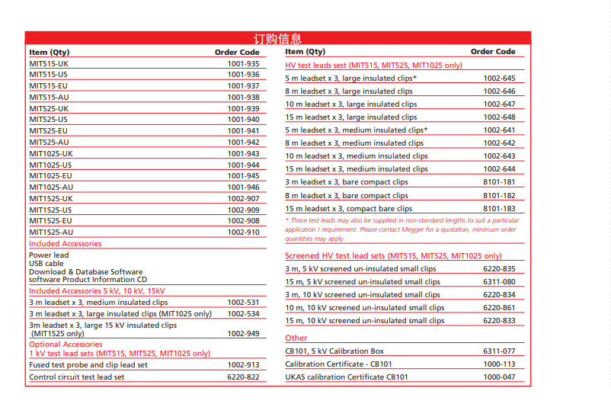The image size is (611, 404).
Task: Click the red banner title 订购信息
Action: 277,38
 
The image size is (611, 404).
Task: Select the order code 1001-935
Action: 243,64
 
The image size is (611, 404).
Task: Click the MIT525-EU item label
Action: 49,131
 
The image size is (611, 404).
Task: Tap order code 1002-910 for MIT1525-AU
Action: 243,232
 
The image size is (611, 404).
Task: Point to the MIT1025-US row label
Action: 52,165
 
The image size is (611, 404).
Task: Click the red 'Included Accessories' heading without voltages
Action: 65,244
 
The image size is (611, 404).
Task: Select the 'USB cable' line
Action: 46,264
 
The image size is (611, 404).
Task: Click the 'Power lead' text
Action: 49,255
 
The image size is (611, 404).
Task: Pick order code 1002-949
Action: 243,333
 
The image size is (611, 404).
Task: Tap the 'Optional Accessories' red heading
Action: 66,345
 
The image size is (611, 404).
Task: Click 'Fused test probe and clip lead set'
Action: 88,365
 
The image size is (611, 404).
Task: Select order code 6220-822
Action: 243,377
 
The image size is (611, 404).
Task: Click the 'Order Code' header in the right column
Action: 493,52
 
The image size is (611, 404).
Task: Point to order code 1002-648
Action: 499,117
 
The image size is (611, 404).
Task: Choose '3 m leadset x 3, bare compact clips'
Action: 347,182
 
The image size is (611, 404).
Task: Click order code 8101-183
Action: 499,208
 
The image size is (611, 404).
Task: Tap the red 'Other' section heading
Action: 296,338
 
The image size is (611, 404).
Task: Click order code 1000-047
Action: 499,377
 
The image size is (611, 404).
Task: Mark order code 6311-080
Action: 499,282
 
